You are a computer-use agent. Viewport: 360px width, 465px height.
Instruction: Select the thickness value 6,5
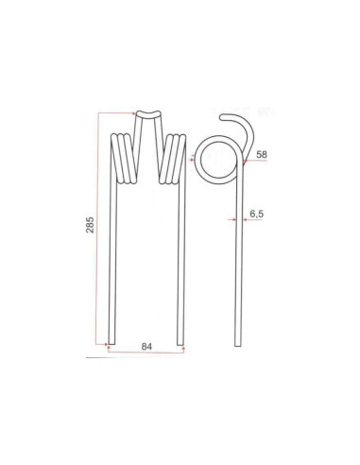coord(256,215)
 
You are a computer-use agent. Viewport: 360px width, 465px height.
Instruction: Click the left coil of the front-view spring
coord(124,160)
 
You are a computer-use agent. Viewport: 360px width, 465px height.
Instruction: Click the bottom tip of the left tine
coord(111,341)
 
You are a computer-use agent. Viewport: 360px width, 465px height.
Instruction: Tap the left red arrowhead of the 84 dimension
coord(111,353)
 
